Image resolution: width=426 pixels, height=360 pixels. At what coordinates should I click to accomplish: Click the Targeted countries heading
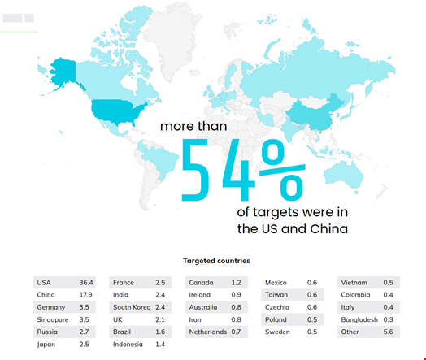216,261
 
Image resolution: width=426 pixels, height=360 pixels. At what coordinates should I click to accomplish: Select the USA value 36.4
86,282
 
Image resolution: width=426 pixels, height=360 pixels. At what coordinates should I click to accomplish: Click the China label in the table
46,294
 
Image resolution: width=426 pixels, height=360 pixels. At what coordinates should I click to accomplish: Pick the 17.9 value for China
85,294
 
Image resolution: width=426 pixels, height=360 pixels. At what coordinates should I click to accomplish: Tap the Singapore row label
52,319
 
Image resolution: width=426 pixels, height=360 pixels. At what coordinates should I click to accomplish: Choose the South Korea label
132,307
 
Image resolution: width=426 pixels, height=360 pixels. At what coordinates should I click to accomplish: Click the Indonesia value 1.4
159,345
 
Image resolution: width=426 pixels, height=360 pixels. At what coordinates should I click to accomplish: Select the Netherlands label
207,332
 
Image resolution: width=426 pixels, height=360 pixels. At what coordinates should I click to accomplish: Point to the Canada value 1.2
235,282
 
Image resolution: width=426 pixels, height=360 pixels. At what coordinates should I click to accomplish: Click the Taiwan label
277,294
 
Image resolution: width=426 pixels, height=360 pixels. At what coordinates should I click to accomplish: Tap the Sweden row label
278,332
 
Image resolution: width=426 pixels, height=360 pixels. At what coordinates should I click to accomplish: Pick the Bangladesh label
359,319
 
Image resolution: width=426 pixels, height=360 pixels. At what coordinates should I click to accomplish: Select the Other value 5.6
389,332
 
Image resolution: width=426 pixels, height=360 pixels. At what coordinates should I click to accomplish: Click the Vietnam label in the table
355,282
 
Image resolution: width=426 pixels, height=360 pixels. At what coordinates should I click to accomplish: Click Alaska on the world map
63,70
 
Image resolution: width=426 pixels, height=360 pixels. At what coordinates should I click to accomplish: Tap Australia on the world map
350,171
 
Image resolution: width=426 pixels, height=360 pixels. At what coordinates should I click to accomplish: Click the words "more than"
193,126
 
